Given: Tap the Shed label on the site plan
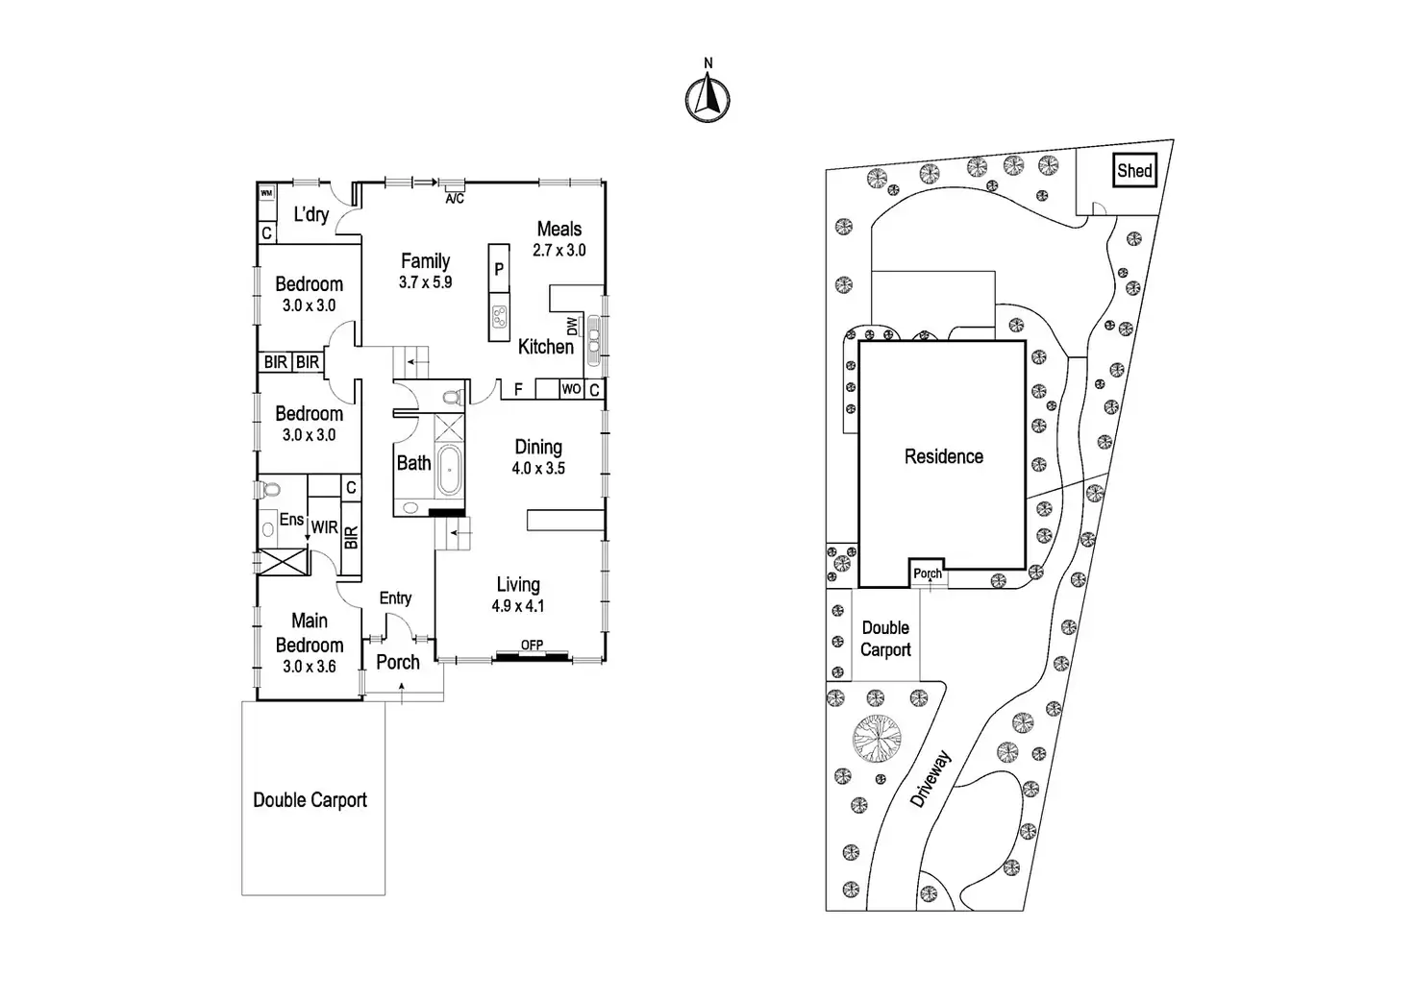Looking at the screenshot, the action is point(1134,171).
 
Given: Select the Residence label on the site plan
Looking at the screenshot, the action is point(943,457).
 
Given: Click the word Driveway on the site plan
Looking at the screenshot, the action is point(931,779).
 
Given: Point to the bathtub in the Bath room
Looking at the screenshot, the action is point(449,474).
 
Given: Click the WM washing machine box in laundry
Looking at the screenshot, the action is point(266,193).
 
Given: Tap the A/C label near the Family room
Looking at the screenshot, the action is point(455,199).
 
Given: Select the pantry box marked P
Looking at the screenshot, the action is point(499,270).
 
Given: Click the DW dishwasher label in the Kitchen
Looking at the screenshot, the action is point(573,327).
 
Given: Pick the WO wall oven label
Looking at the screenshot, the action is point(571,389).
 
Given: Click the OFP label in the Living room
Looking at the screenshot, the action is point(532,646).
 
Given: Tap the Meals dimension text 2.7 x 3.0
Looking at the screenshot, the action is point(559,251).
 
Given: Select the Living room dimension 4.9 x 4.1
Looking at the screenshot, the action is point(518,606).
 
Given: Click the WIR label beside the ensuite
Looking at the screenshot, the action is point(324,527).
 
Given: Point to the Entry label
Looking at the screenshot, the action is point(395,598).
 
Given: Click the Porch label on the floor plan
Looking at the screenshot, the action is point(398,662).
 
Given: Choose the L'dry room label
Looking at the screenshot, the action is point(311,214).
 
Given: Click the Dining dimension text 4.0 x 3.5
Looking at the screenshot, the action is point(538,469).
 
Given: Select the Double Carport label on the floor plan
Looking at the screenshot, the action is point(310,800).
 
